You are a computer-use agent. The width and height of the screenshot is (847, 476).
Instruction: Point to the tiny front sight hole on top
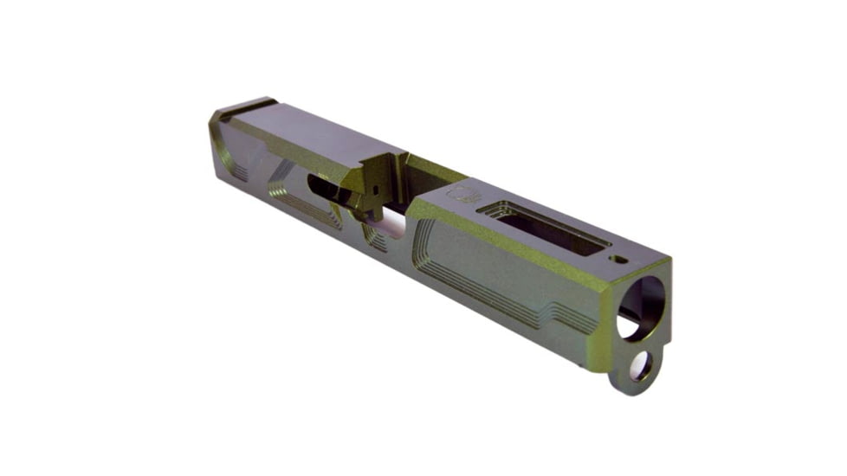(x=620, y=258)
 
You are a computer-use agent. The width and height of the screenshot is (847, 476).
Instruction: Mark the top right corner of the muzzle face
(x=668, y=263)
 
